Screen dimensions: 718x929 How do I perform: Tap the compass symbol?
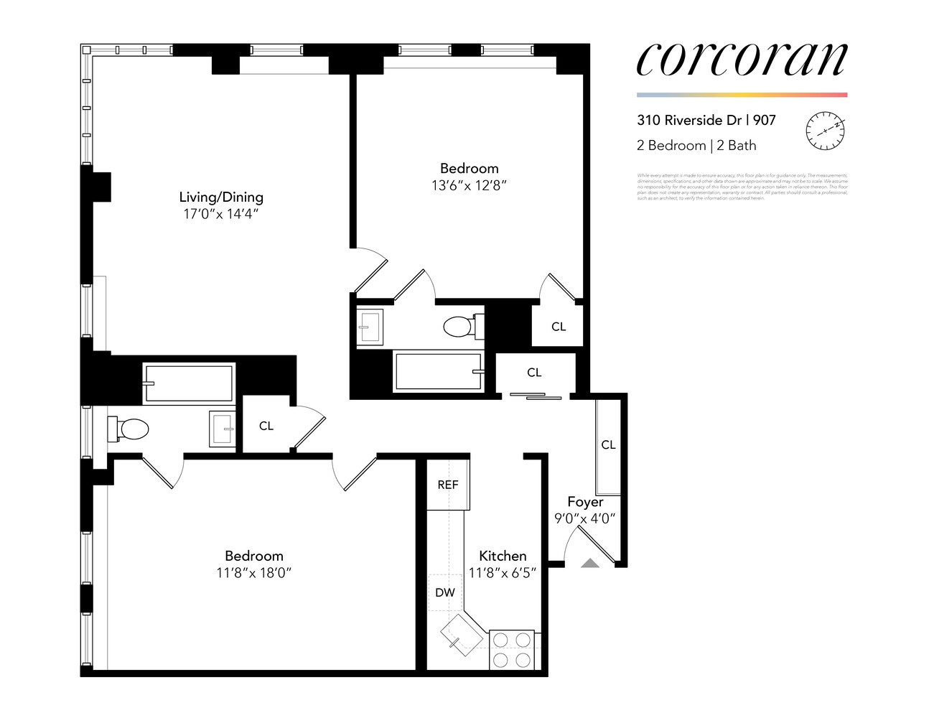pos(825,131)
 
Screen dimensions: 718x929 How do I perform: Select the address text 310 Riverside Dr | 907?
pos(706,120)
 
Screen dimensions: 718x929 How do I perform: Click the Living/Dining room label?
pos(221,197)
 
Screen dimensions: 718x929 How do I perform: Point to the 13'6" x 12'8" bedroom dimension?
pos(469,185)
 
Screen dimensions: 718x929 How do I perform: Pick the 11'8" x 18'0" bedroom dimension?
pos(253,573)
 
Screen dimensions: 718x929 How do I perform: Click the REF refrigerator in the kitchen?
pos(447,485)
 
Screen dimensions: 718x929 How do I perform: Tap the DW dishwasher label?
pos(445,592)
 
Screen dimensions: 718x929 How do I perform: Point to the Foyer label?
pos(585,502)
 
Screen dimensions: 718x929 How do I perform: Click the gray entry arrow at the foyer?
pos(590,563)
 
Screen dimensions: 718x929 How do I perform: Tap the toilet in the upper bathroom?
pos(459,327)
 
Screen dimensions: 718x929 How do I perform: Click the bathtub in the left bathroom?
pos(190,383)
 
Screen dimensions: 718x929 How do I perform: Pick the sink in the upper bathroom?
pos(370,327)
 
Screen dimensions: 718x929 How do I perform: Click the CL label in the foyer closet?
pos(608,445)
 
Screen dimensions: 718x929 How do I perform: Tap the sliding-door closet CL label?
pos(534,372)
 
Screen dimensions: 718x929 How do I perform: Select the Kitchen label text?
pos(503,556)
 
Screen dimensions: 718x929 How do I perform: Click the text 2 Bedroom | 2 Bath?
pos(696,145)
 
